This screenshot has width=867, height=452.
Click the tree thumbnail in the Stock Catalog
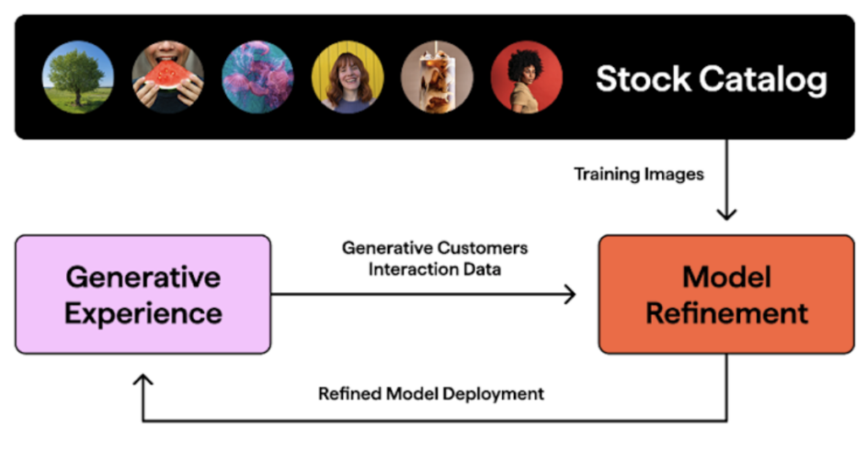click(78, 77)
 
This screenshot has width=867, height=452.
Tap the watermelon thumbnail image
click(168, 77)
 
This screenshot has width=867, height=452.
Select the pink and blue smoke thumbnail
click(257, 77)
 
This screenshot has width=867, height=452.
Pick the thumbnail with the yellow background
click(347, 77)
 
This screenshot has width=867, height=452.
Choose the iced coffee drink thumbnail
click(437, 77)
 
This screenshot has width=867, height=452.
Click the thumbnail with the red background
click(526, 77)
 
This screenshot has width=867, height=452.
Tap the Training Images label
click(638, 174)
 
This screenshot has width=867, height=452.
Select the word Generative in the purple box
click(143, 277)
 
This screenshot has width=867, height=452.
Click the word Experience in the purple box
click(143, 313)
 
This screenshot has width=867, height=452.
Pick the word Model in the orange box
click(726, 277)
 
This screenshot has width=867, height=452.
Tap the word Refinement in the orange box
click(726, 313)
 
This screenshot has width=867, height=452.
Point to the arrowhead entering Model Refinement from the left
click(570, 295)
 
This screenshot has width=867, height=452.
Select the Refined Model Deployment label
click(431, 394)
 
